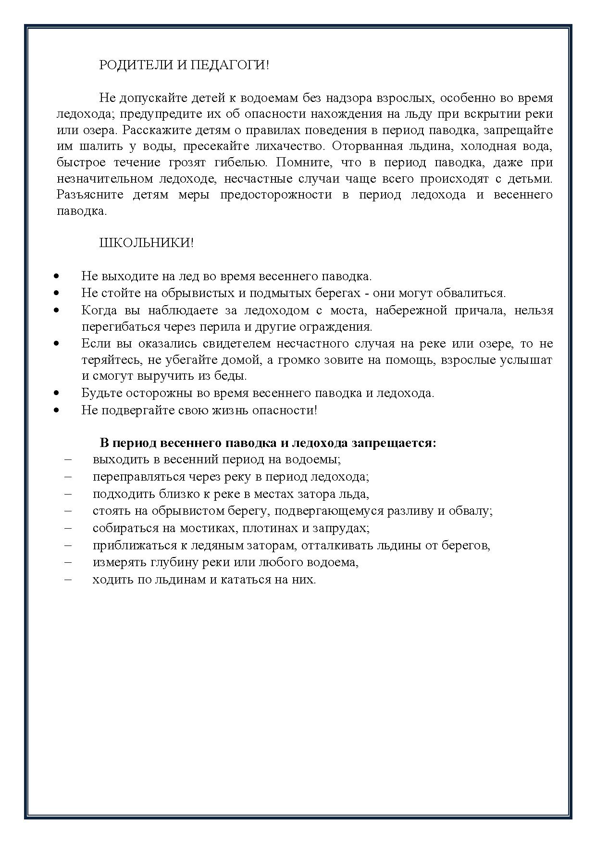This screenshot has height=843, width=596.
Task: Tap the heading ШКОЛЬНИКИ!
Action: (x=146, y=243)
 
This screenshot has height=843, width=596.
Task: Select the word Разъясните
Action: (x=90, y=195)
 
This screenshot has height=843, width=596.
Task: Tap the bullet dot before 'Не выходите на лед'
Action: (x=57, y=276)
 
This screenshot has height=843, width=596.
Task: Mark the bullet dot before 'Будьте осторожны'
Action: (x=57, y=393)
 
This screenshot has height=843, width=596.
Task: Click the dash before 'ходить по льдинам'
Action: (x=67, y=579)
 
